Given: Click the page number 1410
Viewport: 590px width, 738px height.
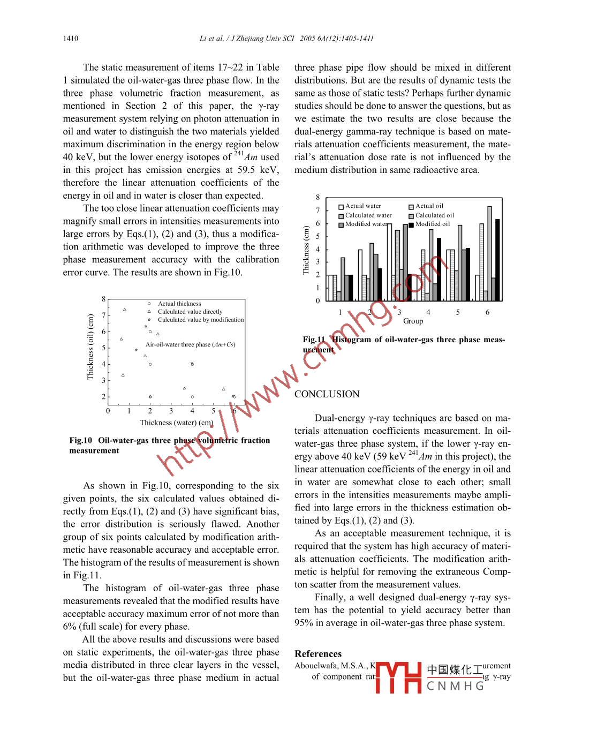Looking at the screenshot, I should click(x=71, y=39).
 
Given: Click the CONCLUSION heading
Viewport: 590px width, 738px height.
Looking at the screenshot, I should click(x=327, y=394).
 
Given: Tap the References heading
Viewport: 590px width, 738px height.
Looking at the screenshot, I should click(x=318, y=654).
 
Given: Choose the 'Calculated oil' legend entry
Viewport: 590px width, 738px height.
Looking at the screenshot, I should click(x=434, y=215).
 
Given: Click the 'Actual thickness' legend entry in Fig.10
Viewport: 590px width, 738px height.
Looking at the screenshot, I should click(x=179, y=304).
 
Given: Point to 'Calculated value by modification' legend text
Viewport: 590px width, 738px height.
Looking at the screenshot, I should click(x=201, y=320).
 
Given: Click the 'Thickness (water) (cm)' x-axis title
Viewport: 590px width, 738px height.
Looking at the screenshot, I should click(x=177, y=423).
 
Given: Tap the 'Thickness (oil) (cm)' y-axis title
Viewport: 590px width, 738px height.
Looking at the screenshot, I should click(x=90, y=347).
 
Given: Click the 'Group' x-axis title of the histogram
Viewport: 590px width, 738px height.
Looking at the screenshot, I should click(x=413, y=321).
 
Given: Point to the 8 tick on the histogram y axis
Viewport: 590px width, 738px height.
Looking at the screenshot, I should click(x=317, y=198).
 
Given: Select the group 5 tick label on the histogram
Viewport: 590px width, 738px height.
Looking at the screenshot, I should click(x=458, y=312).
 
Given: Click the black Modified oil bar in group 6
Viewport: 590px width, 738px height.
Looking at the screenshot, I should click(x=498, y=260).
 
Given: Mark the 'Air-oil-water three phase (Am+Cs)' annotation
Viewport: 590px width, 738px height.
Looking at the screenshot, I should click(x=191, y=345).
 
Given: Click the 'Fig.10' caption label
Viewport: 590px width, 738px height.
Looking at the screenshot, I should click(x=81, y=441).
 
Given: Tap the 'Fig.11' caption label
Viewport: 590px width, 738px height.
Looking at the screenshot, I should click(x=314, y=340).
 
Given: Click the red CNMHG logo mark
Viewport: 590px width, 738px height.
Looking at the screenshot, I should click(x=399, y=677).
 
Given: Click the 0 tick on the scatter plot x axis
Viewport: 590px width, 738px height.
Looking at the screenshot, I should click(x=108, y=411).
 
